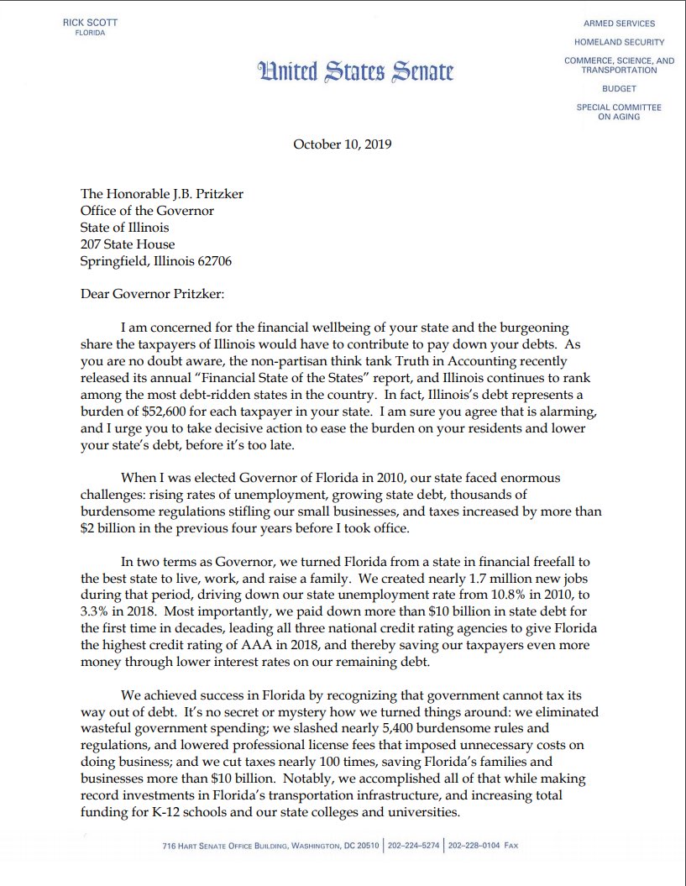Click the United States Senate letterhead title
tap(356, 71)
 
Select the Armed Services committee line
tap(619, 24)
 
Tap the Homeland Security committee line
tap(619, 42)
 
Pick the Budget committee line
tap(619, 88)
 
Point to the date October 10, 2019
tap(342, 144)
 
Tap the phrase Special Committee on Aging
tap(619, 112)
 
